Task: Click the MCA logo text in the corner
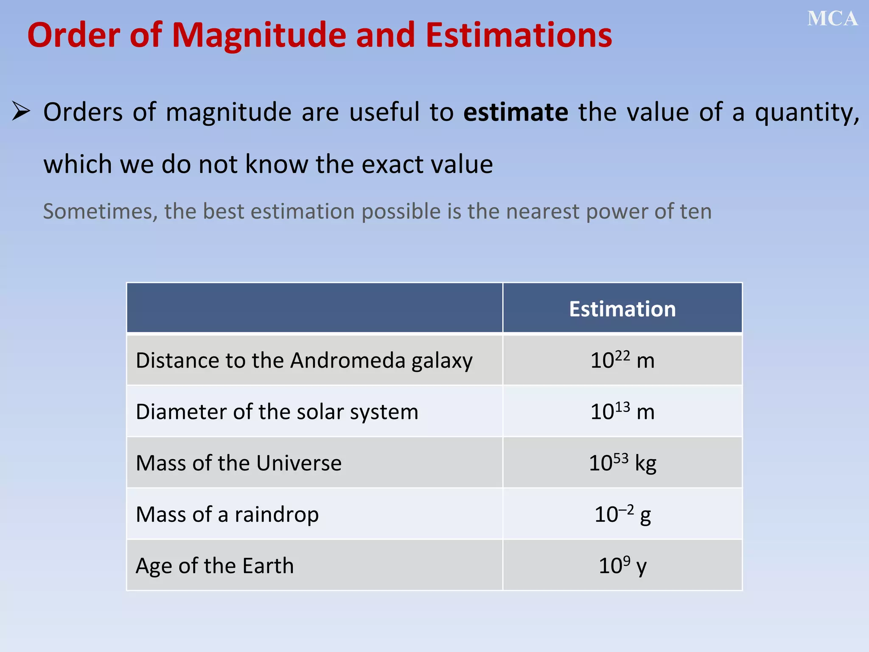tap(832, 19)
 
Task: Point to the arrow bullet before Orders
tap(21, 111)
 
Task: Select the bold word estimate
tap(516, 112)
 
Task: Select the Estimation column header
tap(622, 309)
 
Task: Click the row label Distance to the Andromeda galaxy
tap(304, 361)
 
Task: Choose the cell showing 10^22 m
tap(622, 360)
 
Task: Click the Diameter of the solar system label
tap(277, 412)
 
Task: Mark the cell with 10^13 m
tap(622, 412)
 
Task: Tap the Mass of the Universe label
tap(238, 463)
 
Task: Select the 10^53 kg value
tap(622, 463)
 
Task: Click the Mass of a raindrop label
tap(227, 514)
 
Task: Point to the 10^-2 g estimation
tap(622, 514)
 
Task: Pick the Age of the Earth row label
tap(214, 566)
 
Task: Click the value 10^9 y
tap(622, 566)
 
